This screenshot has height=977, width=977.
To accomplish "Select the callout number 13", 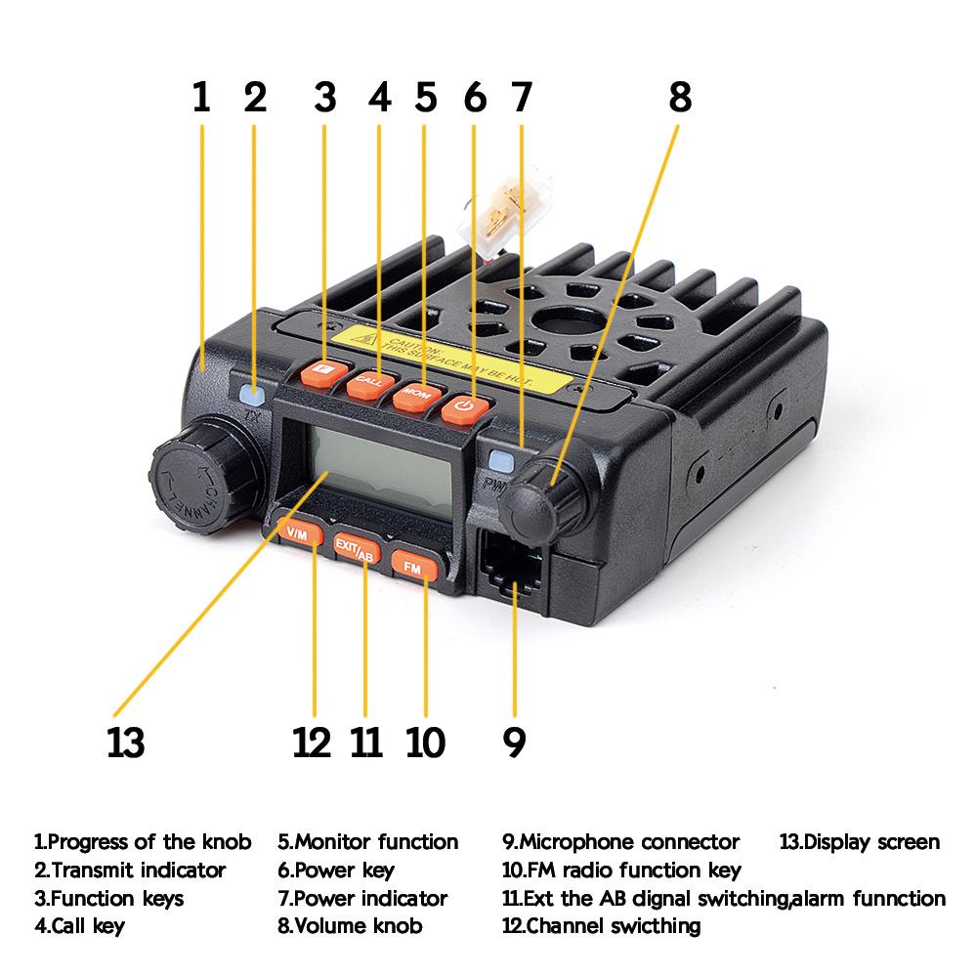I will (125, 742).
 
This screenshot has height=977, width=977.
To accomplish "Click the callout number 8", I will (680, 97).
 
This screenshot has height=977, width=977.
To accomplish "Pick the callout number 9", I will (514, 742).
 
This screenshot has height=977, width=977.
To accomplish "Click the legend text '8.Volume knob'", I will (350, 925).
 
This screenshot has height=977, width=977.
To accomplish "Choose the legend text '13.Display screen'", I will (859, 841).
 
